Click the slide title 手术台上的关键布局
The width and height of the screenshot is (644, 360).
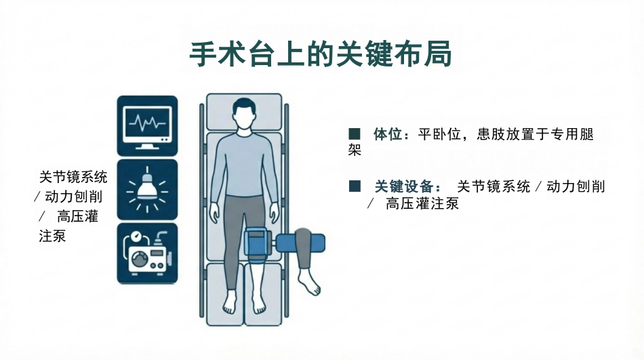click(x=321, y=54)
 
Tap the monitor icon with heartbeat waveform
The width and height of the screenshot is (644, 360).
click(x=148, y=125)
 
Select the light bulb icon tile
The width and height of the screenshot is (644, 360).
click(x=148, y=189)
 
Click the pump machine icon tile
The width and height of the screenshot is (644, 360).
click(x=148, y=253)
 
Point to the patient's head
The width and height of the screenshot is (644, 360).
click(x=244, y=114)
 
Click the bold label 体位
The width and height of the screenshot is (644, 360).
click(x=387, y=134)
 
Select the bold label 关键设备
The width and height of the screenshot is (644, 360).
click(x=404, y=186)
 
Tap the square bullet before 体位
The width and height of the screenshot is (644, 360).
click(x=355, y=134)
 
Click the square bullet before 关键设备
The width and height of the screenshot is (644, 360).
click(x=355, y=186)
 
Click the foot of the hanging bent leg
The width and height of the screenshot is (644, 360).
click(x=309, y=282)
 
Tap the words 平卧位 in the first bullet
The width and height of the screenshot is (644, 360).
click(x=439, y=134)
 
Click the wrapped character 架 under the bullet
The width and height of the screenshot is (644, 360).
click(x=355, y=150)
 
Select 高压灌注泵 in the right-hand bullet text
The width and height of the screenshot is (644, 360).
click(x=422, y=203)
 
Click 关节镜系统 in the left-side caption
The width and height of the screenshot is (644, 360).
click(x=73, y=177)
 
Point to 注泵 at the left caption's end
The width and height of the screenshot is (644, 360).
click(x=52, y=237)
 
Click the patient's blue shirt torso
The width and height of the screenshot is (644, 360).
click(x=244, y=164)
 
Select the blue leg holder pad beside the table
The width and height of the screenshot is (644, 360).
click(x=300, y=243)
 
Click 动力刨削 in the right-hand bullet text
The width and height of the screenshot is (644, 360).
click(x=576, y=186)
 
